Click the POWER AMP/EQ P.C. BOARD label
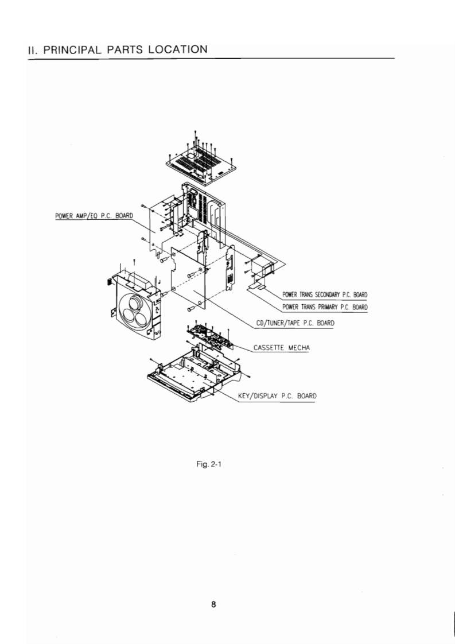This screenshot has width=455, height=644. [94, 216]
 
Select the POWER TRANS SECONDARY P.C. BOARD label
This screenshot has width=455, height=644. [324, 295]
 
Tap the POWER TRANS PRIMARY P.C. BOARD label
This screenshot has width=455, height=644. [324, 307]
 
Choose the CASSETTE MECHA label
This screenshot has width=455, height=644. [278, 348]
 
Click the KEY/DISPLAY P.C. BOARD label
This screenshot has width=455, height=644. [276, 396]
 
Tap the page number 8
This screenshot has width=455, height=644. [213, 604]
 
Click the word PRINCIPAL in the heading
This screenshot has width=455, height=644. [67, 50]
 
